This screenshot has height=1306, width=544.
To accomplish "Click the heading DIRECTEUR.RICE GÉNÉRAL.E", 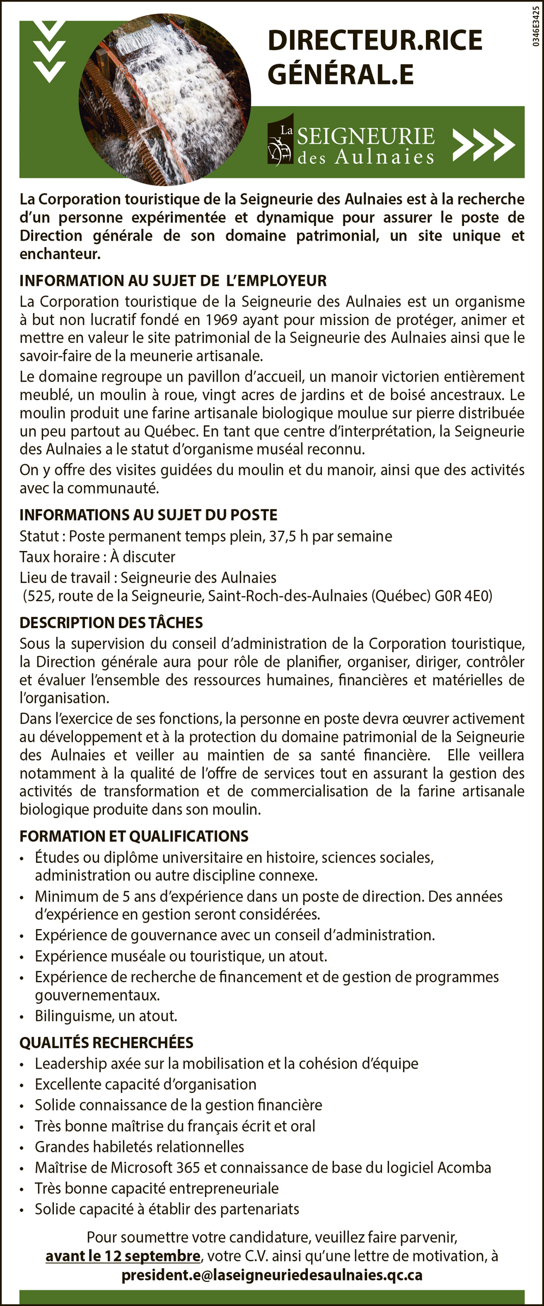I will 375,57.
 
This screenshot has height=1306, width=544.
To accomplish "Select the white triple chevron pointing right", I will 484,145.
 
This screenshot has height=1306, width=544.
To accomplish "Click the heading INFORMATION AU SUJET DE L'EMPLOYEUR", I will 173,280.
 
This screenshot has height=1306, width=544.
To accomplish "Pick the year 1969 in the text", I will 222,320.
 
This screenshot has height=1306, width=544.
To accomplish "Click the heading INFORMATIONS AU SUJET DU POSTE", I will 149,514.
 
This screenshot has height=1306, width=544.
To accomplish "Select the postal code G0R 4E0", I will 463,596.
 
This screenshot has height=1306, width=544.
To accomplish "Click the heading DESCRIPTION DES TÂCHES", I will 111,622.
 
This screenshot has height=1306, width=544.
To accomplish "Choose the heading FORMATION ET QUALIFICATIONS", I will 134,836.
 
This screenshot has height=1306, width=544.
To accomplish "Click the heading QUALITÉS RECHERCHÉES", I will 106,1042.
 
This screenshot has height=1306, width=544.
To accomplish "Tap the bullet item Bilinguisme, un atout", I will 106,1015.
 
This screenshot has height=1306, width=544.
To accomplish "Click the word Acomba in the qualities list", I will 464,1167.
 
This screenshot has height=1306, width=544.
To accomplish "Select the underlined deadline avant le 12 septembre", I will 123,1256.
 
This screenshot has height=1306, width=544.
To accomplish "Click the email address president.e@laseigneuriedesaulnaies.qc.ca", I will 272,1275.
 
